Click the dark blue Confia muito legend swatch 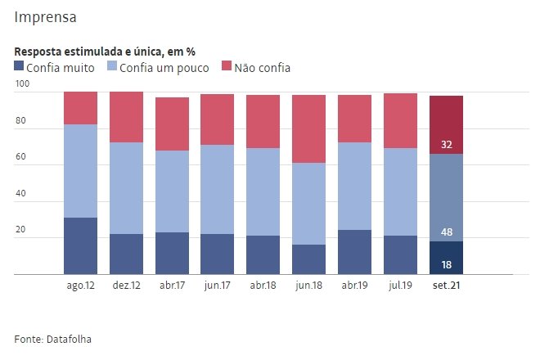click(20, 67)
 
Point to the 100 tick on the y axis click(22, 84)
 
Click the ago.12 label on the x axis click(81, 286)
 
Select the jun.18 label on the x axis click(309, 286)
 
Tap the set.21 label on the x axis click(446, 286)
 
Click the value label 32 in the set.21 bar click(447, 145)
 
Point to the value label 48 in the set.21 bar click(447, 232)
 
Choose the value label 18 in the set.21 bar click(447, 264)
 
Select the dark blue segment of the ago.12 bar click(81, 245)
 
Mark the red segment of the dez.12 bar click(127, 117)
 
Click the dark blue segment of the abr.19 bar click(355, 252)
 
